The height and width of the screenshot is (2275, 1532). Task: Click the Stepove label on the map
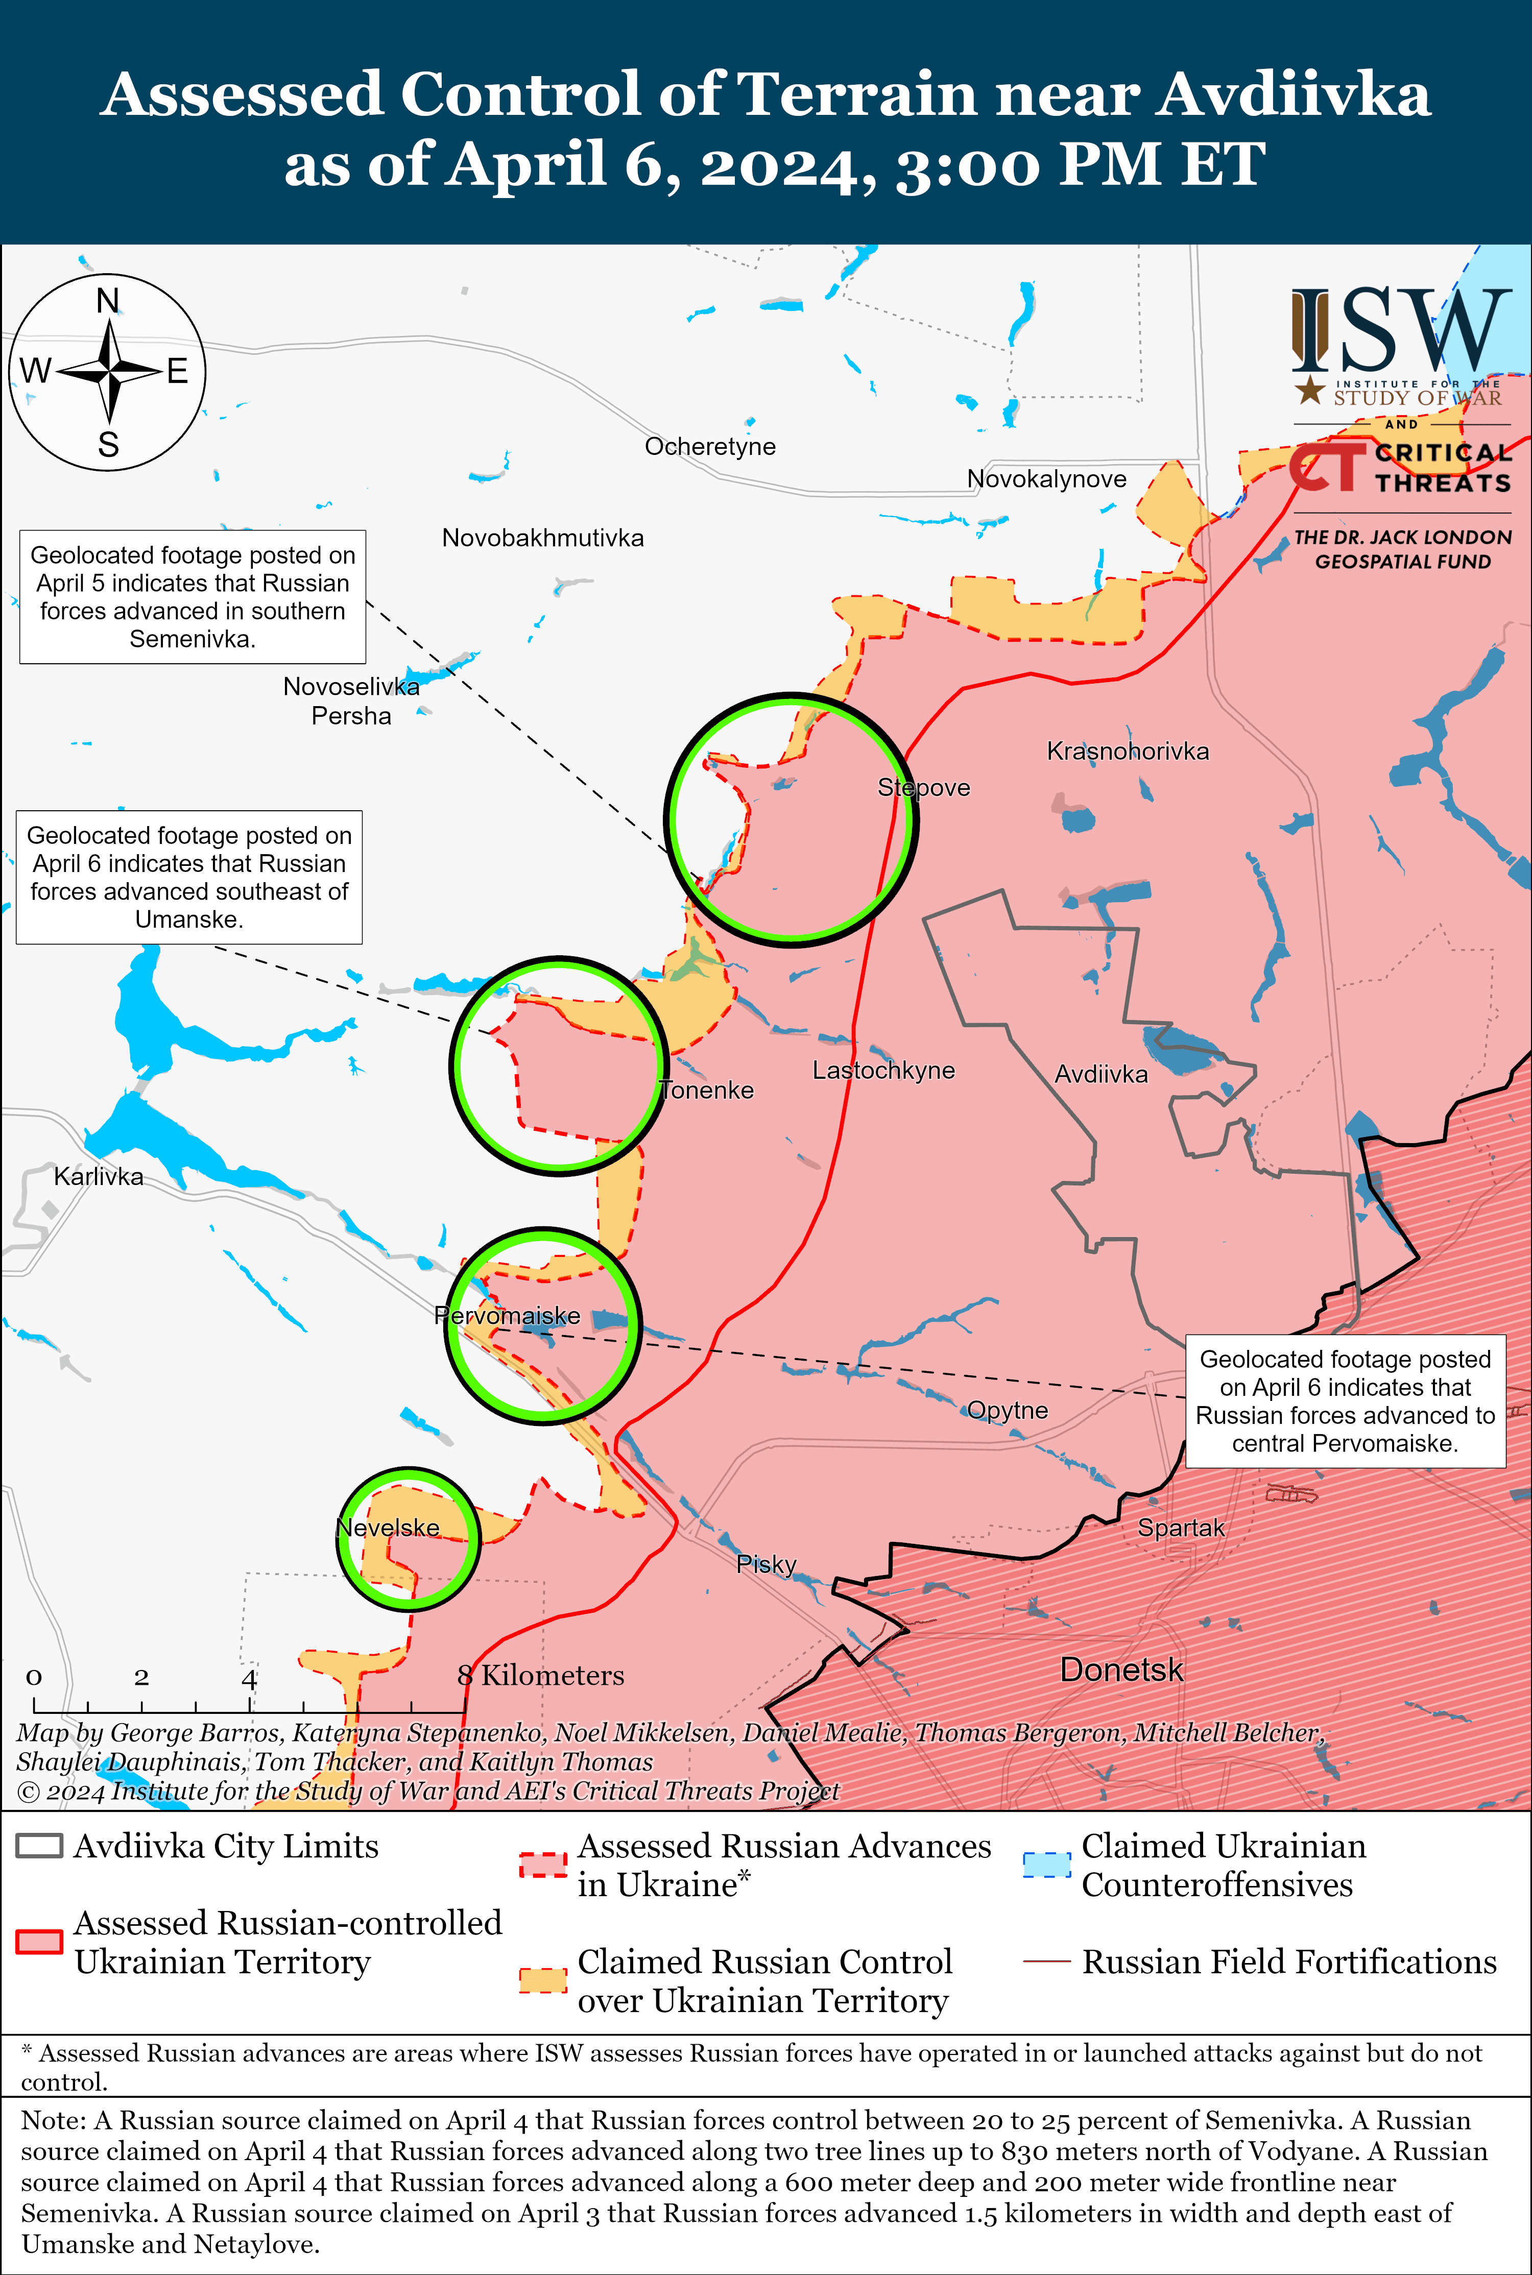pyautogui.click(x=923, y=787)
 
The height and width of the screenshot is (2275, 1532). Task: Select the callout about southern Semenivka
pyautogui.click(x=193, y=597)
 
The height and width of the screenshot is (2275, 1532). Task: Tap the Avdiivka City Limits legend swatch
pyautogui.click(x=40, y=1845)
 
